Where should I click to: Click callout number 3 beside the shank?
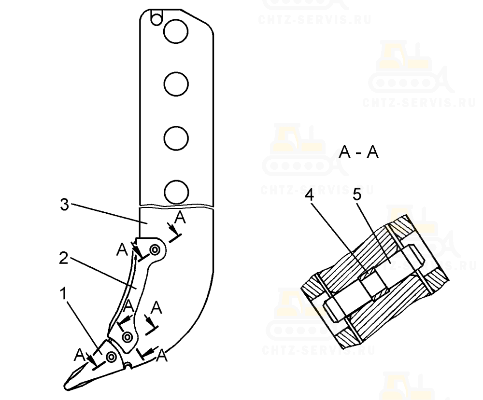(64, 204)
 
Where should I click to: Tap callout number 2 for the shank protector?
(63, 258)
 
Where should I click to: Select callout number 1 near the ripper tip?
(63, 293)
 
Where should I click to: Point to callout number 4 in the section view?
(309, 195)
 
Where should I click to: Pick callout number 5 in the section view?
(357, 195)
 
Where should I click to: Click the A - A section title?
(358, 152)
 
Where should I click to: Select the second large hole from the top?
(176, 84)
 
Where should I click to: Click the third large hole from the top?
(176, 138)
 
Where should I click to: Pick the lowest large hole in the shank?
(176, 192)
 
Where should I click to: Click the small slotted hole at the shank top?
(156, 18)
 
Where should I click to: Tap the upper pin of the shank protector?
(155, 249)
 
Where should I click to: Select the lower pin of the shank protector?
(127, 337)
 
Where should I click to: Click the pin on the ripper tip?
(111, 357)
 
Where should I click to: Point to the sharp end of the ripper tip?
(65, 386)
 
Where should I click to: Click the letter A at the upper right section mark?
(180, 218)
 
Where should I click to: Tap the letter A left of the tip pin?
(80, 355)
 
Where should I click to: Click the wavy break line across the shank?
(176, 206)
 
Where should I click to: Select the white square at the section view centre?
(373, 284)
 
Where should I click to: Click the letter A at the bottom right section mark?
(162, 356)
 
